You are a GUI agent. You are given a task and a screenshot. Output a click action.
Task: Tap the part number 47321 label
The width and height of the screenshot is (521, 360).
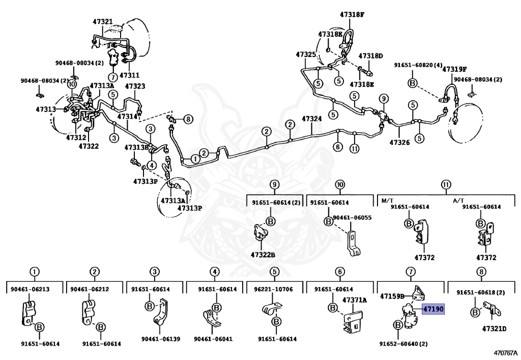[x=103, y=22]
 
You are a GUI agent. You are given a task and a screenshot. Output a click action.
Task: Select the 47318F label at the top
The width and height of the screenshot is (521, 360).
[x=352, y=15]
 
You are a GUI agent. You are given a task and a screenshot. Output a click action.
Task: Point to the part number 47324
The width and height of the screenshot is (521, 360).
[x=311, y=119]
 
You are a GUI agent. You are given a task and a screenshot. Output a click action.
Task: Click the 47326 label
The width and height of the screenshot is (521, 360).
[x=399, y=143]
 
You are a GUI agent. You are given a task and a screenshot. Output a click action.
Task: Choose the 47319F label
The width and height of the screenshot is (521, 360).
[x=454, y=69]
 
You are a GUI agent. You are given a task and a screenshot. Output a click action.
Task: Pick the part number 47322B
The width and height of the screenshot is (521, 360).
[x=263, y=254]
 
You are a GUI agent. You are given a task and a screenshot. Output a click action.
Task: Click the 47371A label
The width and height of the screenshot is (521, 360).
[x=354, y=300]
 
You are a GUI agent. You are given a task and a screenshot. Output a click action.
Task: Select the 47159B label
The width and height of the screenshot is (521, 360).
[x=392, y=295]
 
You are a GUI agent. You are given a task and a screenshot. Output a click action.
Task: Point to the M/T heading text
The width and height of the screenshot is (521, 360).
[x=388, y=200]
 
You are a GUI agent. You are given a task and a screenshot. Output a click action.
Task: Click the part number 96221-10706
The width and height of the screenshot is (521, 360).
[x=273, y=289]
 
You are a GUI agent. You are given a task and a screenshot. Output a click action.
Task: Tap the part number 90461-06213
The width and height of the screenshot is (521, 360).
[x=30, y=289]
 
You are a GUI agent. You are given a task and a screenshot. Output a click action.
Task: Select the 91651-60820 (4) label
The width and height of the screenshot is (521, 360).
[x=417, y=65]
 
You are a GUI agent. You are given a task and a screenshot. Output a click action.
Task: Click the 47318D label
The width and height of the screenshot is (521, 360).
[x=370, y=56]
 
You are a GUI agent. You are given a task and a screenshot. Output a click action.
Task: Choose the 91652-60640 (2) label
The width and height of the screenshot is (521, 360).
[x=402, y=344]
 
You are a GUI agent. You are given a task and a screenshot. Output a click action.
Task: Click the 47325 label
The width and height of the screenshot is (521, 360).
[x=306, y=54]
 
